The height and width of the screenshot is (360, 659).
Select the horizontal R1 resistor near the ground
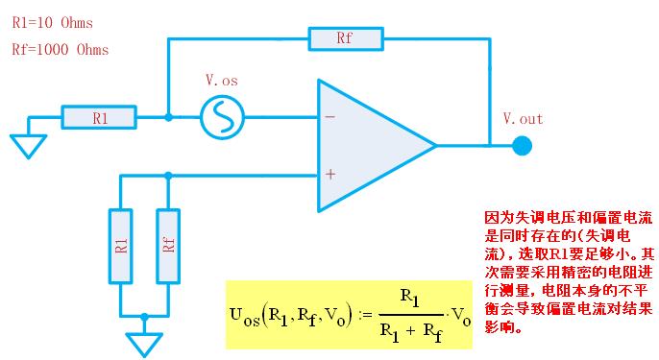[x=100, y=118]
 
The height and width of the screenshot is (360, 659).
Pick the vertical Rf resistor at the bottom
[x=168, y=246]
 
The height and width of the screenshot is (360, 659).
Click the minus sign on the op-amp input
[x=329, y=117]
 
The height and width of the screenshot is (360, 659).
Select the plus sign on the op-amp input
[x=329, y=175]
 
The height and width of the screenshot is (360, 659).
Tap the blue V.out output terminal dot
[x=522, y=146]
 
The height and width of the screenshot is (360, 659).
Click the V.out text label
[x=523, y=119]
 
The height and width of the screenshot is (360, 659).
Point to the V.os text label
[x=222, y=82]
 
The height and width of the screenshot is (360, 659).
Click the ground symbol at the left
[x=30, y=145]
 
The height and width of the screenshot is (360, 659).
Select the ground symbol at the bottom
[x=144, y=343]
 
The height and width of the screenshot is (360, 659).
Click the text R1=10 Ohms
[x=53, y=21]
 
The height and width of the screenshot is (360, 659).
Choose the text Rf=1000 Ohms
[x=60, y=49]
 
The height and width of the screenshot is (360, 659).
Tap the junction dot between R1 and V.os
[x=168, y=118]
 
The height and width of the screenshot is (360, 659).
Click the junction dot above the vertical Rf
[x=168, y=175]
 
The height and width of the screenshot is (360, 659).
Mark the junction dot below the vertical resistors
[x=144, y=315]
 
